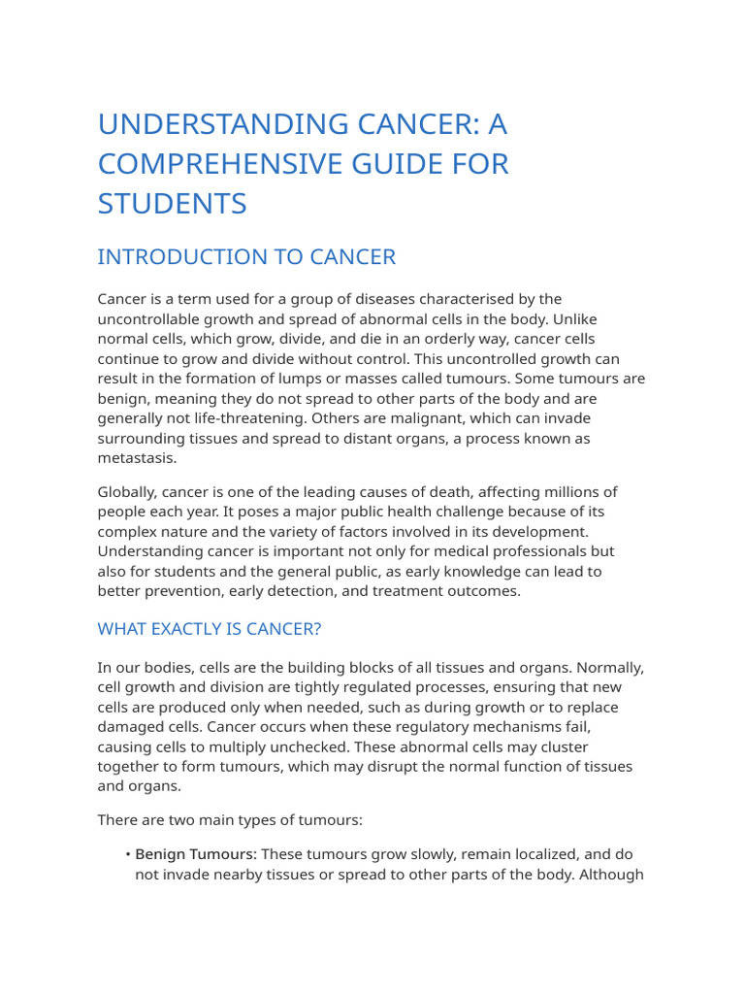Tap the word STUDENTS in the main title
point(173,204)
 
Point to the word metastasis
point(135,458)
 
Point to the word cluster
point(579,746)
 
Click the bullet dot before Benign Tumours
point(128,855)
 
